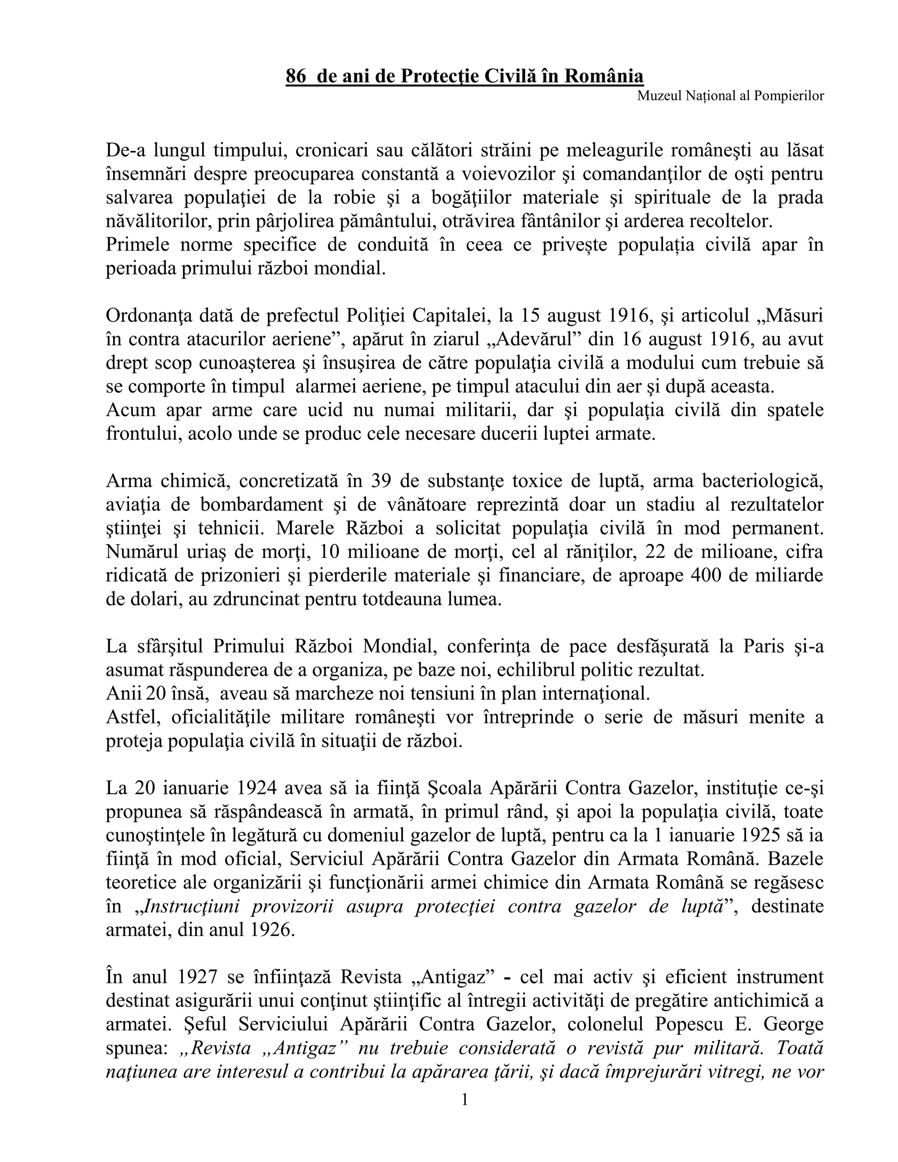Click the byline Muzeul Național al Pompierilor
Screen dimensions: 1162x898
[731, 96]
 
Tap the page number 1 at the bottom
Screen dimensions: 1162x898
[464, 1099]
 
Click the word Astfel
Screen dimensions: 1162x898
[133, 717]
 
